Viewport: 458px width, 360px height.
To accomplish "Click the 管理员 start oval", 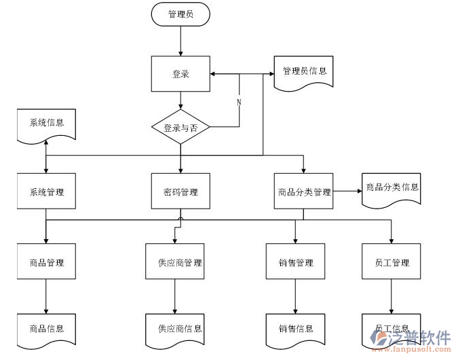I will point(180,14).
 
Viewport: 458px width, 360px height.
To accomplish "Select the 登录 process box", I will point(180,74).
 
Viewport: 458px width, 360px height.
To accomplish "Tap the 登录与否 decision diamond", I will point(180,127).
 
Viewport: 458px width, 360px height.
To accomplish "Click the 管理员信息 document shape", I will point(303,71).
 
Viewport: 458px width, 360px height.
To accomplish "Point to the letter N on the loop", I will point(239,102).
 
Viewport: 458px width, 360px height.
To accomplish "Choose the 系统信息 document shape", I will point(46,124).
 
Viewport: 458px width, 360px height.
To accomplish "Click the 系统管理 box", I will point(46,192).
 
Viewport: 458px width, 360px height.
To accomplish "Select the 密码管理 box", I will point(180,192).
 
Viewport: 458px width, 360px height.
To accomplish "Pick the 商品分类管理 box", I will point(303,192).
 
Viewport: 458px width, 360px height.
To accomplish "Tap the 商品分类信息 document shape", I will point(392,188).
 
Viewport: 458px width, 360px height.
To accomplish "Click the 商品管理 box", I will point(46,263).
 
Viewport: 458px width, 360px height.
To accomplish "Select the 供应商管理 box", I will point(174,263).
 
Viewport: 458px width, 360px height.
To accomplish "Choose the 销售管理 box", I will point(296,263).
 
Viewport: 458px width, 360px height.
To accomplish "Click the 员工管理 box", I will point(392,263).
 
